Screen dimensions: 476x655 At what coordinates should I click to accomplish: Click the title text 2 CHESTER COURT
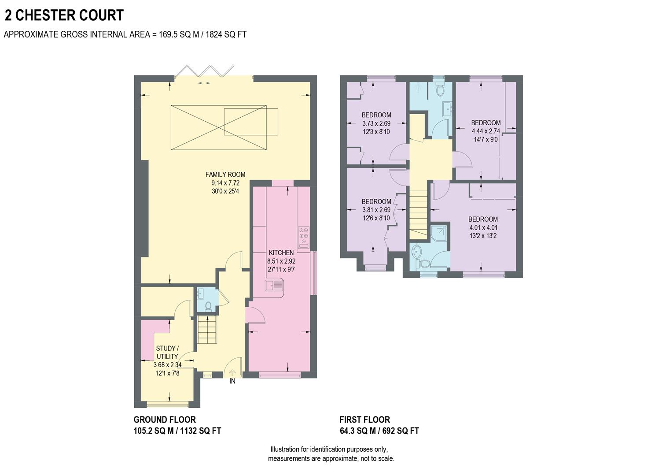(64, 15)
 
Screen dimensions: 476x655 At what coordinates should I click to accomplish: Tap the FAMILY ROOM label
(225, 175)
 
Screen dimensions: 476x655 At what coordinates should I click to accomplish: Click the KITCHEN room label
(281, 253)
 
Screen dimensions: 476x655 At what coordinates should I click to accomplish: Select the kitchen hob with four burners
(304, 239)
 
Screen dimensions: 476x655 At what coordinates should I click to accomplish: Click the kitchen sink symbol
(275, 286)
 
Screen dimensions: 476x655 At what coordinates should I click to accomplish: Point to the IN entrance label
(232, 381)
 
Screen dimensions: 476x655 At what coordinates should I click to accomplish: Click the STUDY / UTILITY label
(167, 352)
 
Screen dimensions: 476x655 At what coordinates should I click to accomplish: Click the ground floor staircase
(207, 330)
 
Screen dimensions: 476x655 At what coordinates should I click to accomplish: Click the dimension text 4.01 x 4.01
(483, 228)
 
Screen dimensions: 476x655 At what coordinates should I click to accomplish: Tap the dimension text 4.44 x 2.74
(486, 131)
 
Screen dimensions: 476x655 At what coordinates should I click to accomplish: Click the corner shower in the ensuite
(439, 234)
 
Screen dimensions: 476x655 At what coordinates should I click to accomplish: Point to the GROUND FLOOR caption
(165, 420)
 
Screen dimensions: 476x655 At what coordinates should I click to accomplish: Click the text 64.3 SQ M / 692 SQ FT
(379, 431)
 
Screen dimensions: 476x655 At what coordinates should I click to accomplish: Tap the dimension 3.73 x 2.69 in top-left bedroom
(376, 123)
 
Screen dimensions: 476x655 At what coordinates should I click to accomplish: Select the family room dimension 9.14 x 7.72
(225, 183)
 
